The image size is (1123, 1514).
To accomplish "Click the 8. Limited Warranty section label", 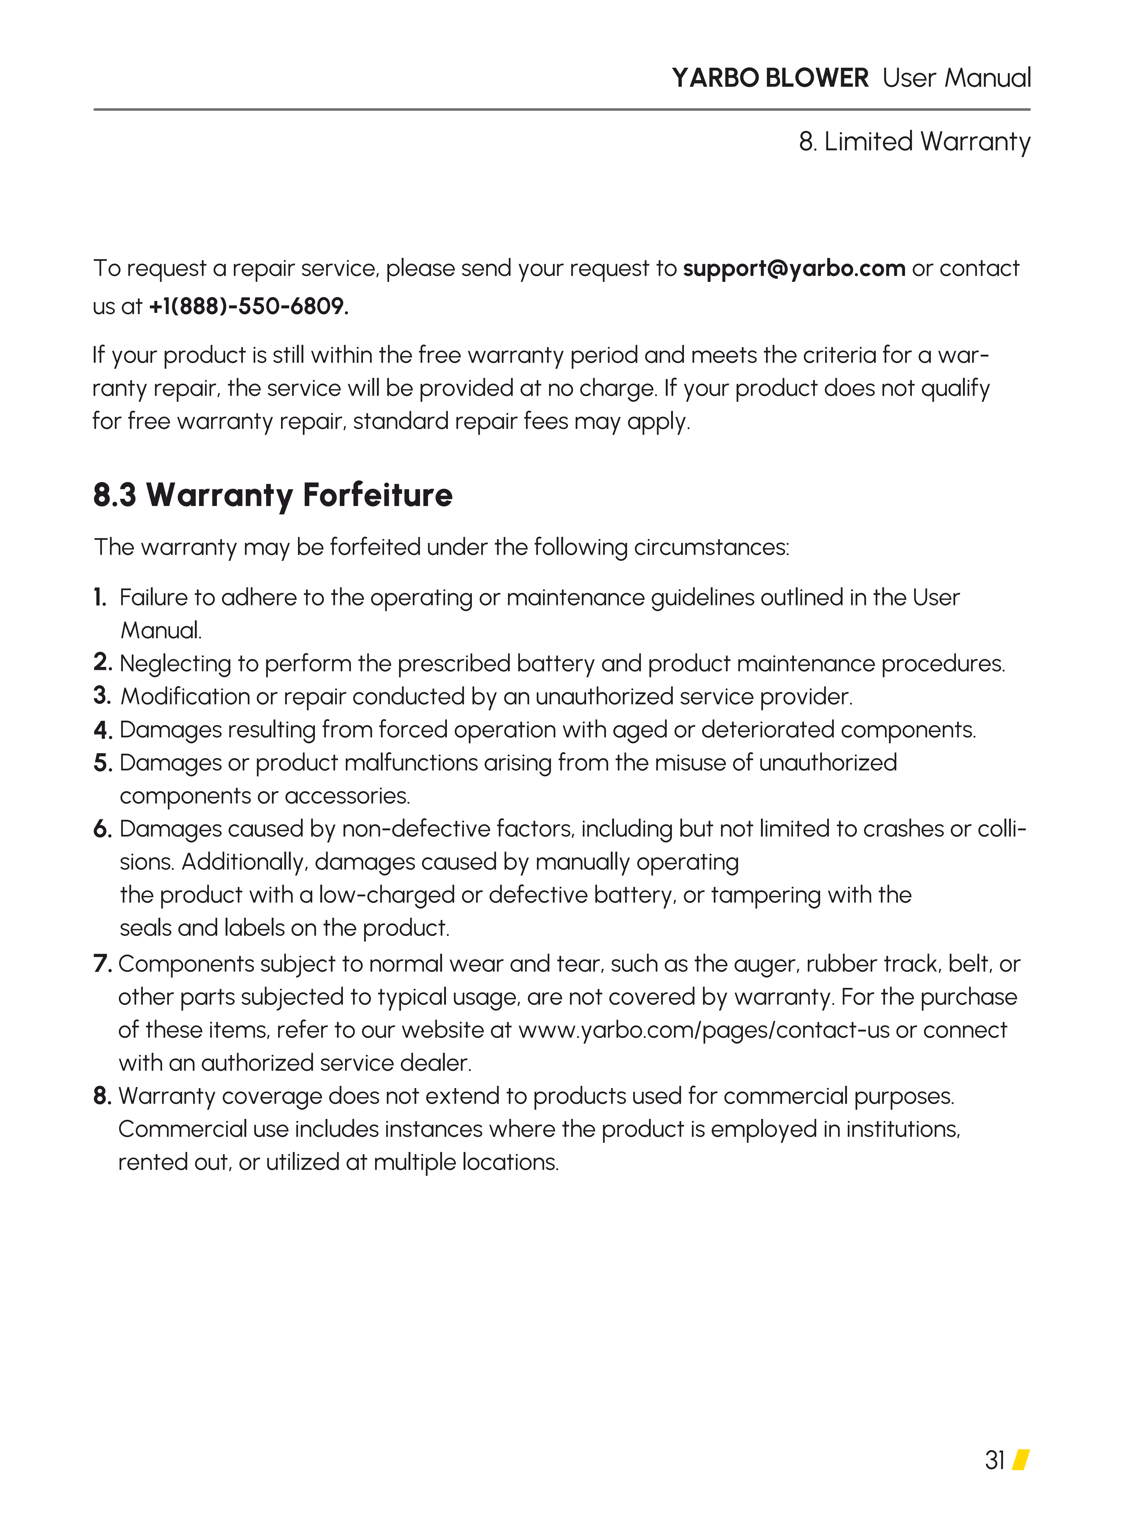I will (914, 142).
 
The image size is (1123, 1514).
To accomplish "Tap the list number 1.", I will (100, 598).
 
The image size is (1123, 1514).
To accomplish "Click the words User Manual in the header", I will (957, 78).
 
